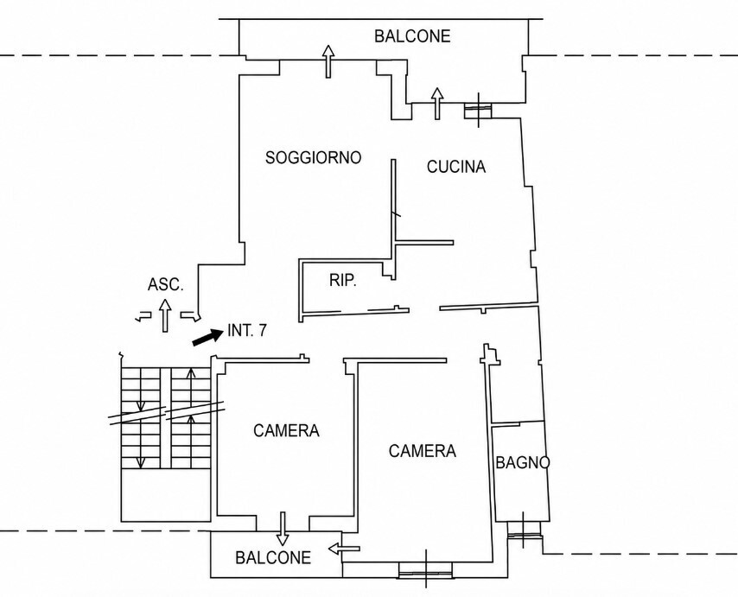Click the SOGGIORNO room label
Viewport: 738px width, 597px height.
(313, 157)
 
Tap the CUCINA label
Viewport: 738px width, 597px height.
(456, 167)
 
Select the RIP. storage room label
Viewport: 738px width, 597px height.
(342, 281)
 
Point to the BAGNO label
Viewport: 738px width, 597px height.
(523, 463)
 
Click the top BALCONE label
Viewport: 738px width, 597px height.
(412, 36)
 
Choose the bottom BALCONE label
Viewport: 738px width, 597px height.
(273, 558)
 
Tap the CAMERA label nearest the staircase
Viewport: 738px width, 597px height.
(286, 431)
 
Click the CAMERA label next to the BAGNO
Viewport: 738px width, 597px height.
(423, 451)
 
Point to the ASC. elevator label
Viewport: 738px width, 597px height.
(165, 284)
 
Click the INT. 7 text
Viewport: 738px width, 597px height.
(246, 331)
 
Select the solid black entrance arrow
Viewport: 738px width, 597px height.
(207, 337)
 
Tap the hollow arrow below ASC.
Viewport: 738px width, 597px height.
(165, 314)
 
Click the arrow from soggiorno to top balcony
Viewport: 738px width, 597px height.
(328, 61)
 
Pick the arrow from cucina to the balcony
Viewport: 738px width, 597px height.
(437, 103)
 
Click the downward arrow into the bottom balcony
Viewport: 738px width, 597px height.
(283, 529)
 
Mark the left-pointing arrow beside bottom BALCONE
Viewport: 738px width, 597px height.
(344, 549)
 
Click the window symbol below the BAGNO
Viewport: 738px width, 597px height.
(524, 530)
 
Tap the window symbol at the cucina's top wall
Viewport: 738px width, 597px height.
(478, 110)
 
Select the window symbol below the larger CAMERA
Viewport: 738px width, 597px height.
(425, 568)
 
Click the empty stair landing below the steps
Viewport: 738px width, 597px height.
(166, 495)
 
